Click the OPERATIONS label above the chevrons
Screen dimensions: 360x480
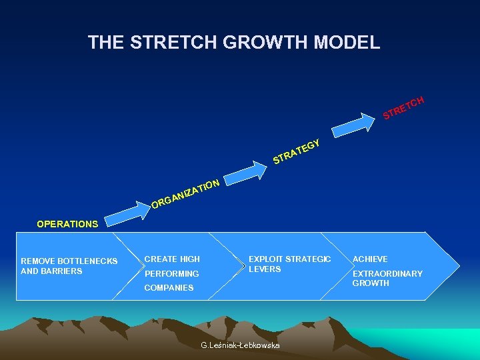(67, 224)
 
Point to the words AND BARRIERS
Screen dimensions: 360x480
(51, 271)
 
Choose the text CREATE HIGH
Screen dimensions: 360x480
(172, 259)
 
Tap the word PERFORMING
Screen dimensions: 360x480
(171, 274)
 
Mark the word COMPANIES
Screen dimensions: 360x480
(169, 288)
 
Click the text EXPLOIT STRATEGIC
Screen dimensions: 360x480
(289, 259)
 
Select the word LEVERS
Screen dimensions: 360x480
(265, 269)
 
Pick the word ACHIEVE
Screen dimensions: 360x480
(370, 259)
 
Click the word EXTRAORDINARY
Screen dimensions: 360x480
(387, 274)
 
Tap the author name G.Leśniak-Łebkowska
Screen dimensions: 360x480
(240, 345)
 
